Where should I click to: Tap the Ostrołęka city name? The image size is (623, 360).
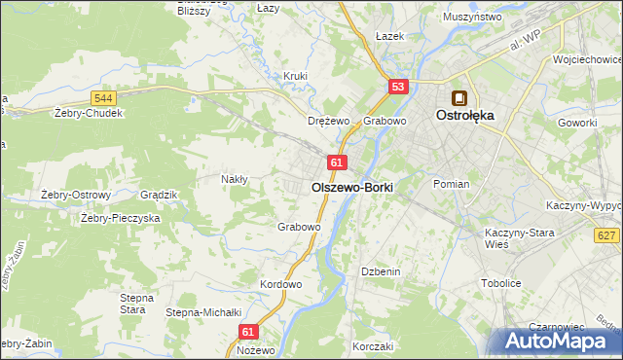pyautogui.click(x=464, y=115)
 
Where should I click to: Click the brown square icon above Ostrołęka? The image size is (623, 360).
pyautogui.click(x=458, y=97)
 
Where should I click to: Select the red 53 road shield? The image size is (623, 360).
pyautogui.click(x=397, y=88)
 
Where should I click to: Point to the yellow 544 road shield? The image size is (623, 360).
pyautogui.click(x=104, y=98)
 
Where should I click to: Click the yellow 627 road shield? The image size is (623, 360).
pyautogui.click(x=606, y=234)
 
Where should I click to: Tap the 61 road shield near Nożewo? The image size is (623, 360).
pyautogui.click(x=247, y=332)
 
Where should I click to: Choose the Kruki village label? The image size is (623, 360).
pyautogui.click(x=295, y=76)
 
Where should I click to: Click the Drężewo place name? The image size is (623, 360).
pyautogui.click(x=328, y=122)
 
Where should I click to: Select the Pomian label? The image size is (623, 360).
pyautogui.click(x=452, y=184)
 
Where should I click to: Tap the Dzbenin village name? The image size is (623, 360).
pyautogui.click(x=381, y=271)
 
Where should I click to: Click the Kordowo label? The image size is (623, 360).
pyautogui.click(x=281, y=284)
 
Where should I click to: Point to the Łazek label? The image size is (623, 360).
pyautogui.click(x=389, y=35)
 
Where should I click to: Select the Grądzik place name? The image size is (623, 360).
pyautogui.click(x=159, y=195)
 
